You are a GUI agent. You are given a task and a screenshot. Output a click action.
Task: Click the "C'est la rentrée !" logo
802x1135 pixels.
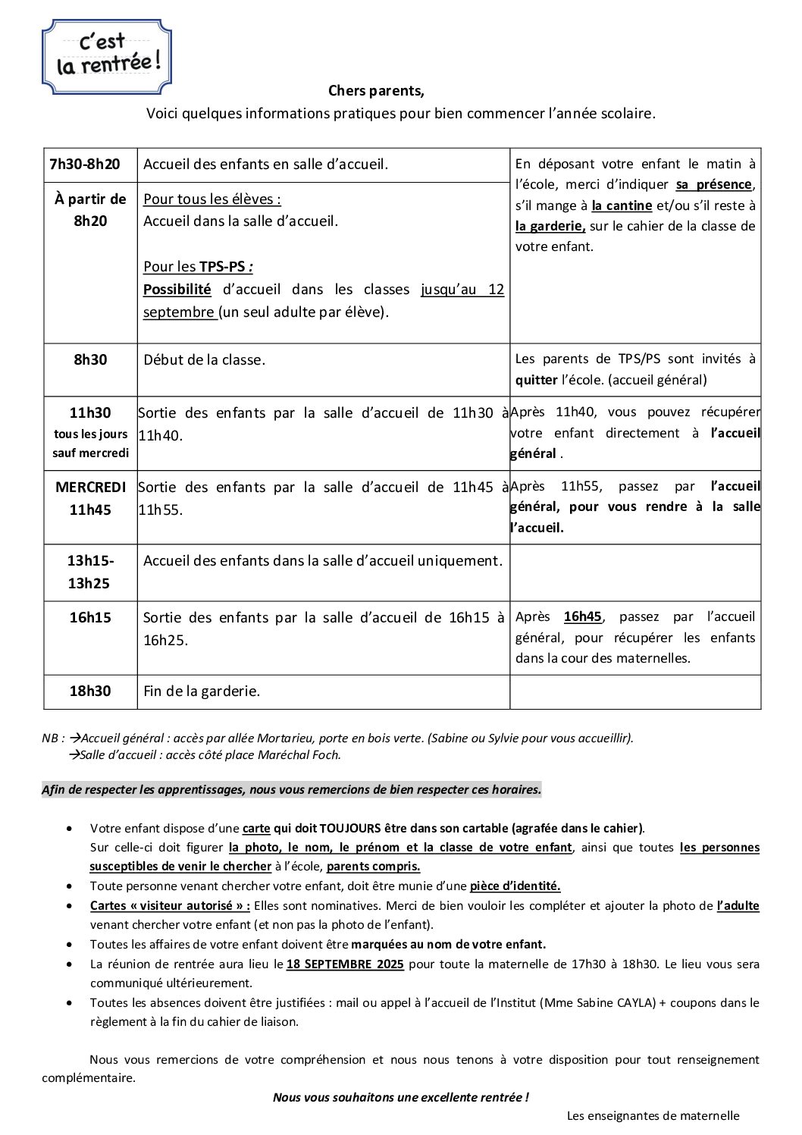pos(107,57)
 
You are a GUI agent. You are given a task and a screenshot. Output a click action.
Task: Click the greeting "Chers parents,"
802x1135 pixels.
pos(376,91)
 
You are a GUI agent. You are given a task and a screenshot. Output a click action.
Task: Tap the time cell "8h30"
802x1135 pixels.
pos(90,360)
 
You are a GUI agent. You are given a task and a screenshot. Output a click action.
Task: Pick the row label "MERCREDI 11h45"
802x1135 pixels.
pos(90,498)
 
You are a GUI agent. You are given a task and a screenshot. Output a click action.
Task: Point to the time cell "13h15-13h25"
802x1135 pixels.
pos(90,572)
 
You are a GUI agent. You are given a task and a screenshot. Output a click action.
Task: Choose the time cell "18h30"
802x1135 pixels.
pos(90,691)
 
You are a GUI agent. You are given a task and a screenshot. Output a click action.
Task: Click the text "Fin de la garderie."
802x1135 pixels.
pos(202,691)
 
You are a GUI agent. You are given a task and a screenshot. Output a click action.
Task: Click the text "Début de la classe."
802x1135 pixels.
pos(205,360)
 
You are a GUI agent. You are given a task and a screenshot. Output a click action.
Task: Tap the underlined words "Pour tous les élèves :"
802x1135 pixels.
pos(212,199)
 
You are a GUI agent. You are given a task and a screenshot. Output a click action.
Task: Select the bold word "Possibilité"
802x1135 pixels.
pos(177,289)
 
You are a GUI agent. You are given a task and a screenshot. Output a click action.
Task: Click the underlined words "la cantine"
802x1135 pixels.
pos(622,205)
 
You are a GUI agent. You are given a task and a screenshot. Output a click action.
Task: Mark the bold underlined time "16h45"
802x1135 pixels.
pos(582,617)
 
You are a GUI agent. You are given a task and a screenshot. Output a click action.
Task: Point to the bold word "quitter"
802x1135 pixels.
pos(536,380)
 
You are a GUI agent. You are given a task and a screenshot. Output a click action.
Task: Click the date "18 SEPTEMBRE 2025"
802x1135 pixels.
pos(345,964)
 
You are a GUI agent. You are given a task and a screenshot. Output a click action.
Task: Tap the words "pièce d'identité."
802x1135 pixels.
pos(515,886)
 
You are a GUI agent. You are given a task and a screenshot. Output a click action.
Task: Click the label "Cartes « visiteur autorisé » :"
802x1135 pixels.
pos(170,905)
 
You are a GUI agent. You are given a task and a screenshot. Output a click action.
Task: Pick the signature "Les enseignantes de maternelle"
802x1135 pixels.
pos(653,1115)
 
